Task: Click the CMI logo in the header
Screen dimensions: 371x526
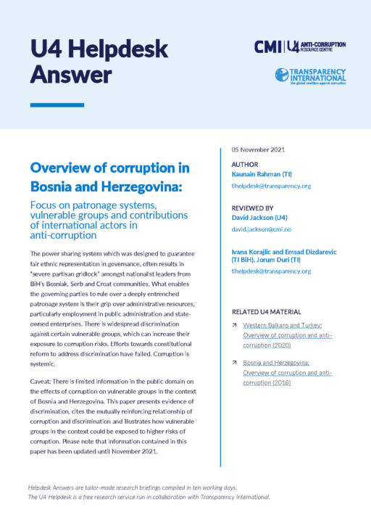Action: (267, 46)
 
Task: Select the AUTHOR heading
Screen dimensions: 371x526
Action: (244, 165)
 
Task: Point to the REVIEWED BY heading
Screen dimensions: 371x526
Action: (252, 207)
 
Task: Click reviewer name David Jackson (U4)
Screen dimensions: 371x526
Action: (262, 217)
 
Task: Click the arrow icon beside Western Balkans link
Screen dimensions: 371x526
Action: (235, 326)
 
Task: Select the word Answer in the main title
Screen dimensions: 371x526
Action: (71, 74)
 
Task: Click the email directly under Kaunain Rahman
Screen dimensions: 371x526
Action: (270, 186)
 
